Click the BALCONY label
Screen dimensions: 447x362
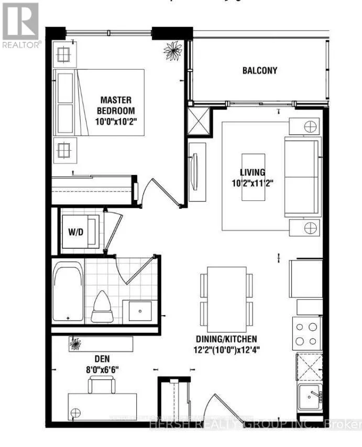click(x=259, y=71)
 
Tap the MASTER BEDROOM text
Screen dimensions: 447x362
click(x=116, y=105)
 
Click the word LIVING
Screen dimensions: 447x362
click(x=253, y=172)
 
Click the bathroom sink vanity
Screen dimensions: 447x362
click(x=139, y=311)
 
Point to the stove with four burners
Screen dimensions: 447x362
click(x=306, y=334)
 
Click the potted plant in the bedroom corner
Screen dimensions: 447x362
click(x=171, y=50)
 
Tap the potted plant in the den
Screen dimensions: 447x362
click(x=76, y=344)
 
